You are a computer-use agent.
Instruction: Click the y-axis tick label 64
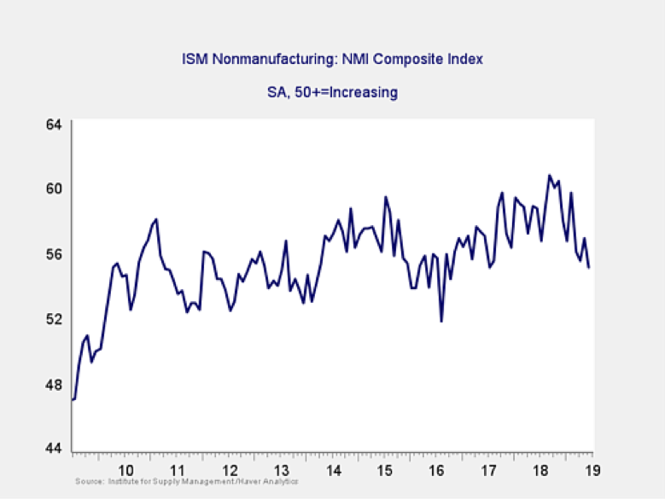[54, 124]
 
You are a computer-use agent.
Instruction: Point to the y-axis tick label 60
[54, 189]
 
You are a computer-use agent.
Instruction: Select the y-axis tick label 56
[54, 254]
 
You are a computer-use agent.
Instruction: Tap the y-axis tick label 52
[54, 319]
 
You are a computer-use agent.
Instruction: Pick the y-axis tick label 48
[54, 384]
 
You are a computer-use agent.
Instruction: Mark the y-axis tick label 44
[54, 450]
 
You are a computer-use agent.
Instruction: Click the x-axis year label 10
[125, 469]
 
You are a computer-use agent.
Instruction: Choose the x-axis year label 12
[230, 469]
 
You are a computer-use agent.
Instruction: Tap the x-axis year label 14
[334, 469]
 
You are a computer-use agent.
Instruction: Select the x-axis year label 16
[438, 469]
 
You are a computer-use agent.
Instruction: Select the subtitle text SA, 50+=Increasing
[332, 92]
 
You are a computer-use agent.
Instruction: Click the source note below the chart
[186, 483]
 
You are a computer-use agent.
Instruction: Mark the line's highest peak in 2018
[549, 176]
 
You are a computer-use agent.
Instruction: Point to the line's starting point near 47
[73, 399]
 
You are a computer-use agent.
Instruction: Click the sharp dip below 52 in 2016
[441, 322]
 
